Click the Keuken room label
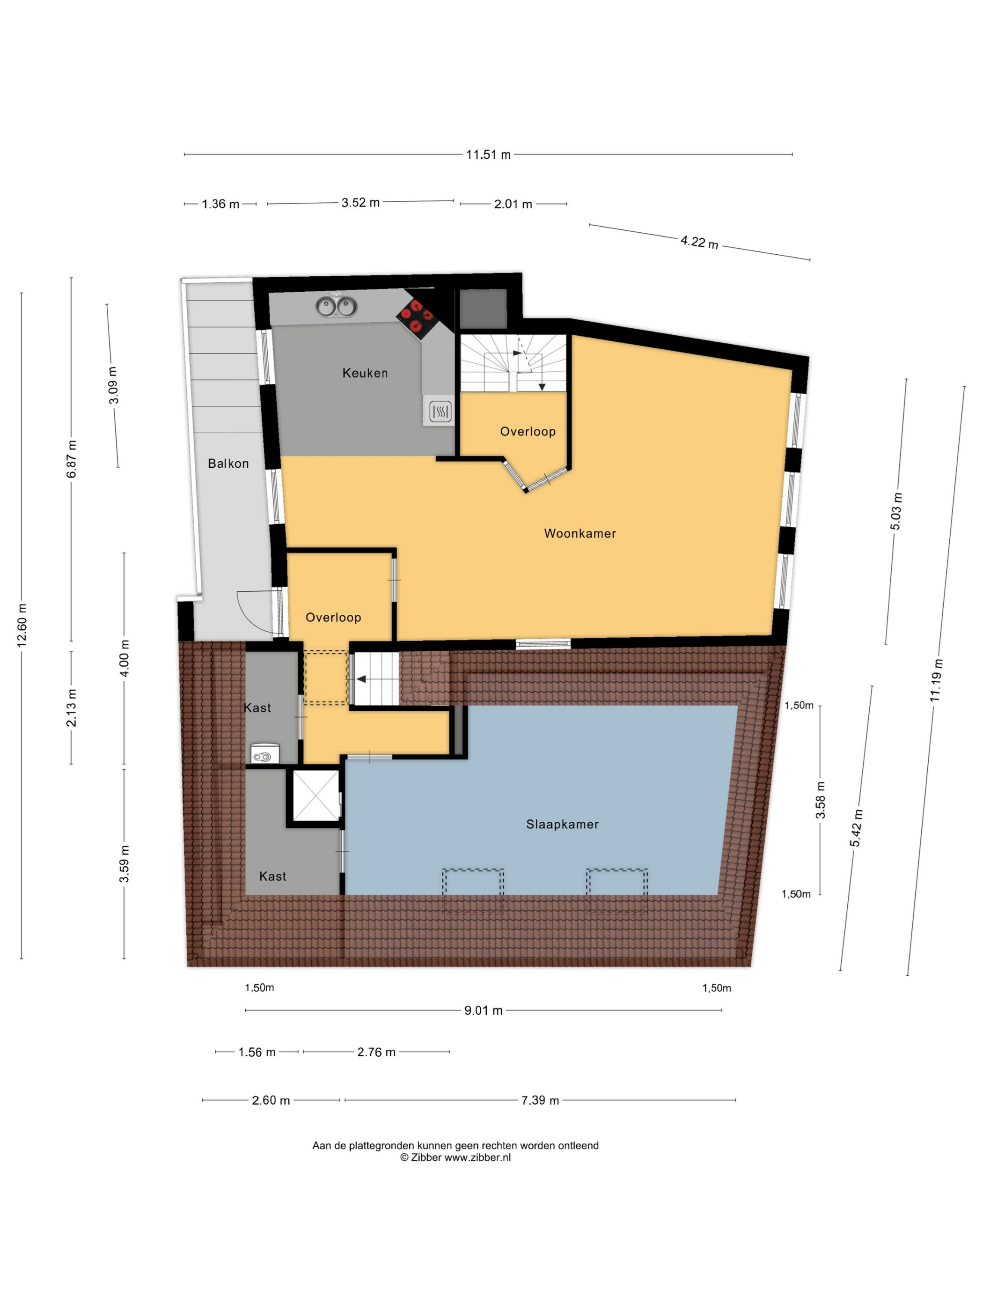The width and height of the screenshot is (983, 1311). coord(365,373)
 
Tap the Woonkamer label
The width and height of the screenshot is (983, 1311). coord(580,533)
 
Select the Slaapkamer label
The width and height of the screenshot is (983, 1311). coord(562,824)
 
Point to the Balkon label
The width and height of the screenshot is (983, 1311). coord(228,464)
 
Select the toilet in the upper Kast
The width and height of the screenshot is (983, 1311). coord(261,753)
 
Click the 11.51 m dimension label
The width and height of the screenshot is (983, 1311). coord(488,155)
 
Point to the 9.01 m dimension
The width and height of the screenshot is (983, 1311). coord(484,1010)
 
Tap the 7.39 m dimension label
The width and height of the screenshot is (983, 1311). coord(540,1100)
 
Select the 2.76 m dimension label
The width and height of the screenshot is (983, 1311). coord(376,1052)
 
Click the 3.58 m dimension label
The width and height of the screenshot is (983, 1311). coord(821,800)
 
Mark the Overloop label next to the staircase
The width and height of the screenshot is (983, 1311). coord(528,432)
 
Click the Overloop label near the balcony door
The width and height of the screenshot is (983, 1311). coord(333,618)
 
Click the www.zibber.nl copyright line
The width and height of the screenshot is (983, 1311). coord(455,1157)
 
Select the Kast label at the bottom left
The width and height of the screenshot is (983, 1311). coord(272,876)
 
